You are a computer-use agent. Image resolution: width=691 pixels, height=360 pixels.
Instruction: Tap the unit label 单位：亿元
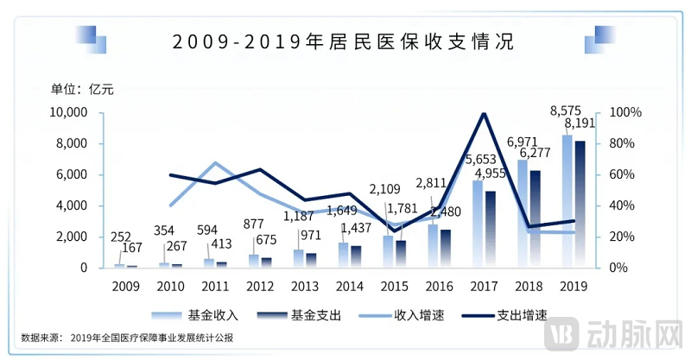(x=81, y=88)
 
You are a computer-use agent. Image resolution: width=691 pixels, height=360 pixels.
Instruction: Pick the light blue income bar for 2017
(x=478, y=224)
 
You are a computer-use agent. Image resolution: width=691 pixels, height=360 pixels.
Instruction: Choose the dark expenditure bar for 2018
(x=536, y=219)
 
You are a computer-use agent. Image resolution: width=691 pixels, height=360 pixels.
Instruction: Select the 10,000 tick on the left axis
(x=67, y=113)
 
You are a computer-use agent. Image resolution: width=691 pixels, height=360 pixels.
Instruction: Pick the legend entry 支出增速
(x=529, y=315)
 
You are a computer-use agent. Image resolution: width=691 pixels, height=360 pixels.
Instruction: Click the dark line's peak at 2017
(x=484, y=113)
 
